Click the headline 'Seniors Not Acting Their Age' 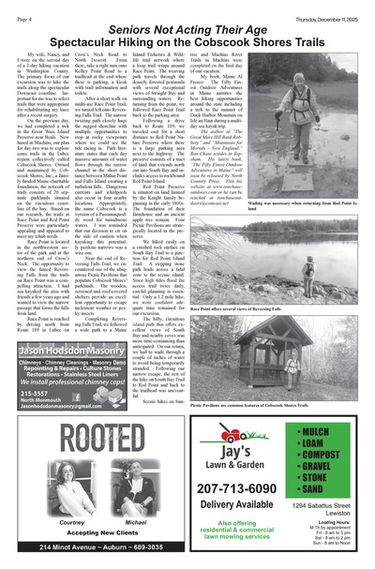187,31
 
